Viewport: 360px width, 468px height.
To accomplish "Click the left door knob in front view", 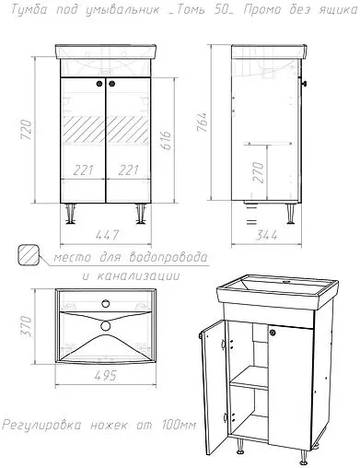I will [x=98, y=85].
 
